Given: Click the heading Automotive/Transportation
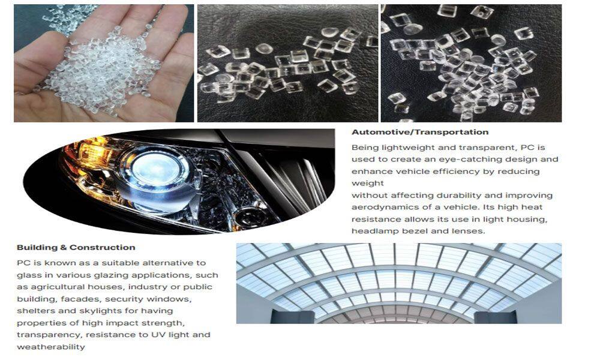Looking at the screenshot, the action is pyautogui.click(x=420, y=133).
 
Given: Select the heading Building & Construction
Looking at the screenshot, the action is pyautogui.click(x=76, y=248).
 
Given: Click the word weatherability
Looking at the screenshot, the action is pyautogui.click(x=51, y=347).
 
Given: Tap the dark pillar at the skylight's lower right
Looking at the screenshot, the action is pyautogui.click(x=496, y=317).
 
